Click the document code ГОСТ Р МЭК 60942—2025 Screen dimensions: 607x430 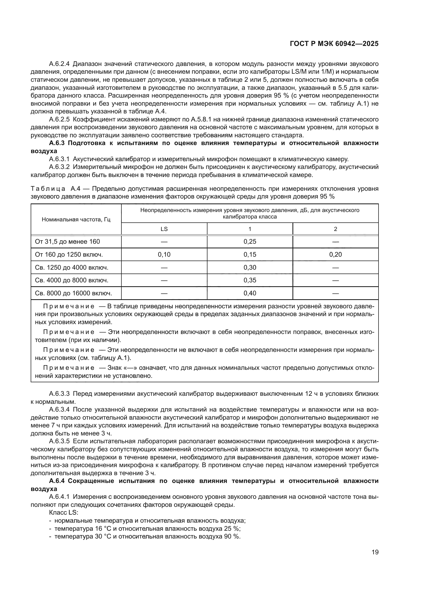point(334,44)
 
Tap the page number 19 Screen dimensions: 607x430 point(375,552)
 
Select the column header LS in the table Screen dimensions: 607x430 point(164,229)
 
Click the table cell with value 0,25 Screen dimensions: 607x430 point(250,242)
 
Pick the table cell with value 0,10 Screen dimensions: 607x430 point(164,255)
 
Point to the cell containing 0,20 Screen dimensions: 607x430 point(335,255)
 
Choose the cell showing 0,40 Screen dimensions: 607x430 point(250,293)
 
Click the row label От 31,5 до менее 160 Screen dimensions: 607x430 point(67,242)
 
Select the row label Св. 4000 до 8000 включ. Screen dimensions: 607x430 point(71,280)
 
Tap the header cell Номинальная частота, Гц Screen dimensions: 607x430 point(76,220)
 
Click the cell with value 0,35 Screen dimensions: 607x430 point(250,280)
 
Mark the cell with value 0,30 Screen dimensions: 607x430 point(250,268)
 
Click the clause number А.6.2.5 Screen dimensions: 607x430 point(59,119)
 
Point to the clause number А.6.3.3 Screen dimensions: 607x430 point(59,394)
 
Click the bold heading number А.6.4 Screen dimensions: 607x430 point(57,481)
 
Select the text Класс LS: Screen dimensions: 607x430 point(63,513)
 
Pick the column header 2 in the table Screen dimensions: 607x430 point(335,229)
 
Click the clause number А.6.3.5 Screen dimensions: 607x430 point(59,441)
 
